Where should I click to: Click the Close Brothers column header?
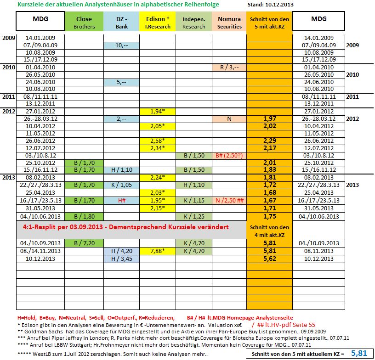coord(84,22)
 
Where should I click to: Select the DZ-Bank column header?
coord(121,22)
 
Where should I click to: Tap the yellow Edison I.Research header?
coord(158,22)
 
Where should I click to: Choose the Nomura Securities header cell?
coord(229,22)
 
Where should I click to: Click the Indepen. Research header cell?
coord(193,22)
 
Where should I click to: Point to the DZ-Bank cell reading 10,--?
coord(121,45)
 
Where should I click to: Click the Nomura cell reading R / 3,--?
coord(229,67)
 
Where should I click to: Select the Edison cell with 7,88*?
coord(158,252)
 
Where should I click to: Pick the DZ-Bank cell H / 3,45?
coord(121,259)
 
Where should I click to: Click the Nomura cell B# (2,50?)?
coord(229,156)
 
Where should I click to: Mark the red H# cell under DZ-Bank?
coord(121,200)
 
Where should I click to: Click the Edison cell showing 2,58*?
coord(158,141)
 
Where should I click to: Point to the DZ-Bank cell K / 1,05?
coord(121,185)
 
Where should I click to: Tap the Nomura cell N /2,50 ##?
coord(229,200)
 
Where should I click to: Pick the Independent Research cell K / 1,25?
coord(193,215)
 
